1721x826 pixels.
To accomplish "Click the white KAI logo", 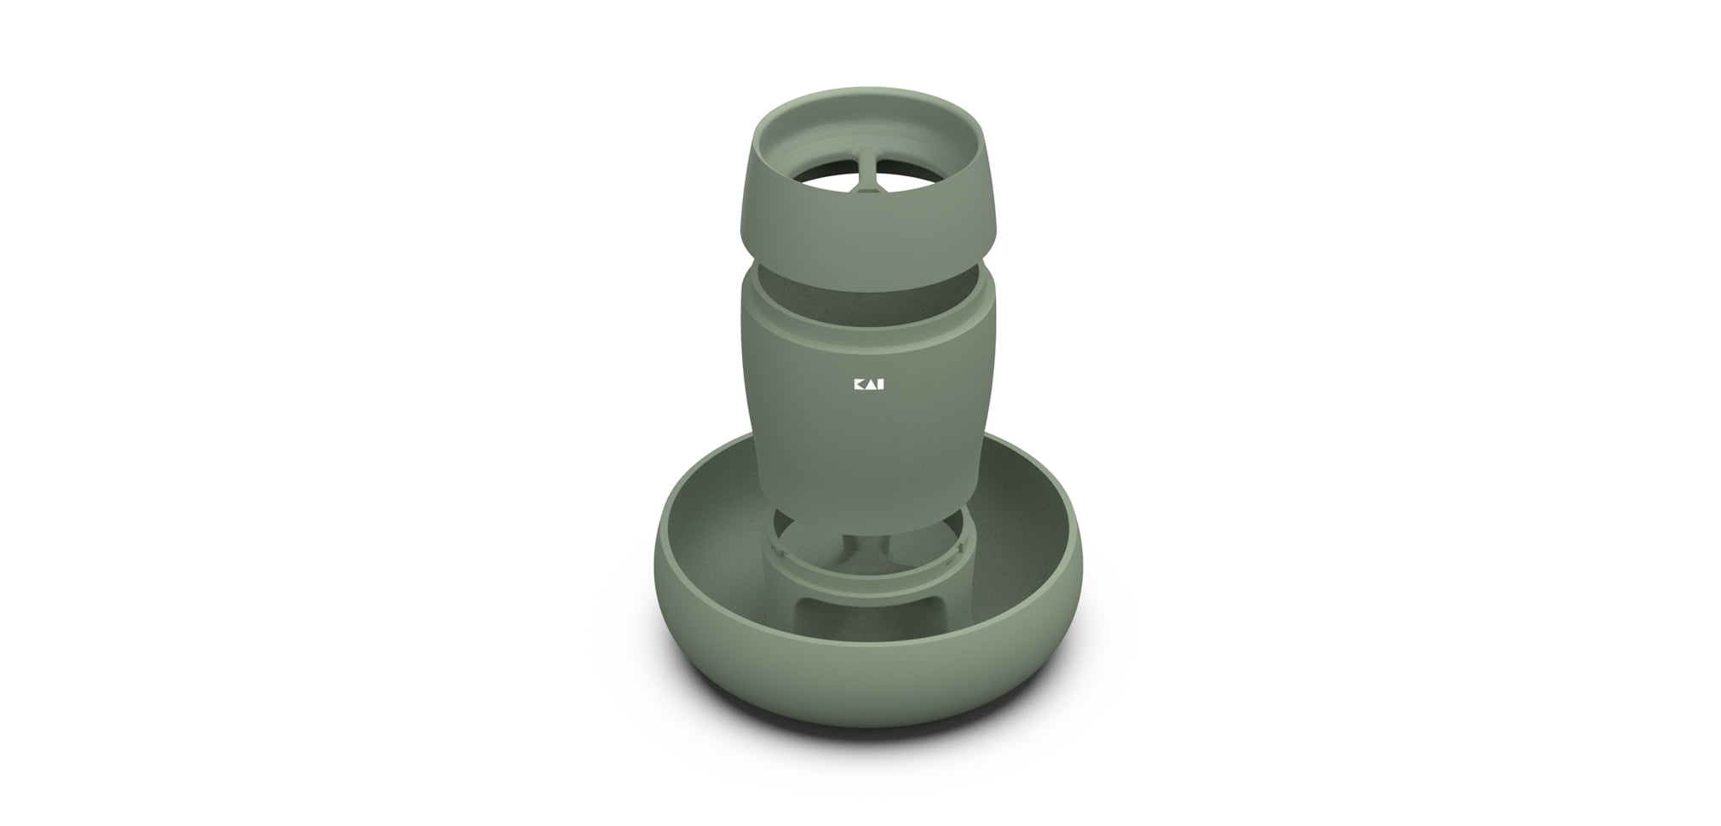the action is pyautogui.click(x=869, y=385).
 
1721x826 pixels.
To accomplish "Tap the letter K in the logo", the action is pyautogui.click(x=859, y=385).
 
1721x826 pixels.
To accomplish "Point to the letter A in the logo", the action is pyautogui.click(x=871, y=385).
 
